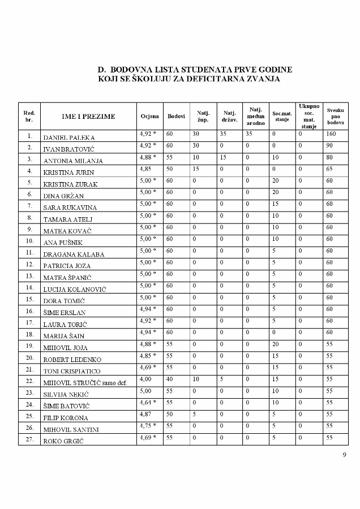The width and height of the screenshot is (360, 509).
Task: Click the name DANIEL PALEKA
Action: (69, 137)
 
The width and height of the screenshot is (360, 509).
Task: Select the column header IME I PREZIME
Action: (88, 117)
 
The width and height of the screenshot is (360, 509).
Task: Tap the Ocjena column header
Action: (150, 116)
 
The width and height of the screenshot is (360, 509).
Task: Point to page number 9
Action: (344, 455)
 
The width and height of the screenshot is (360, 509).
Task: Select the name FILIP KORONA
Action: (66, 418)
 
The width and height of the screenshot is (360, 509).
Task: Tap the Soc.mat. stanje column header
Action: (281, 116)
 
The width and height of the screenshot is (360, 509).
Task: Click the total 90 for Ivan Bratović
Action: (330, 146)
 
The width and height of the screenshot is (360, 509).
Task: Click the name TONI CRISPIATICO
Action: (72, 371)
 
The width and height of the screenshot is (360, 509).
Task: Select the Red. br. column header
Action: (28, 116)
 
